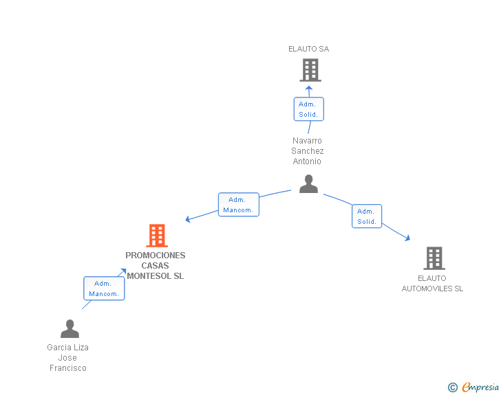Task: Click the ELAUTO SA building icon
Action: (310, 70)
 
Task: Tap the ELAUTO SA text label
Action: (308, 49)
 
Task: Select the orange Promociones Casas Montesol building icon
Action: (157, 236)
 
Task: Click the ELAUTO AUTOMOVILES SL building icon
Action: (434, 258)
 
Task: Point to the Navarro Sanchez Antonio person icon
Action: (308, 184)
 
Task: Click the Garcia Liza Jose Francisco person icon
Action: (70, 328)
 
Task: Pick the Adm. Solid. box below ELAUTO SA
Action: (308, 109)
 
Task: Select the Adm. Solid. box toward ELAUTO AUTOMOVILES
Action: (367, 216)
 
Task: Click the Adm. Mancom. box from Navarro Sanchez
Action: (239, 205)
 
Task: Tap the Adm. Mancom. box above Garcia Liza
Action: (104, 289)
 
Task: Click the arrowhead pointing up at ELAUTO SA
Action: (308, 88)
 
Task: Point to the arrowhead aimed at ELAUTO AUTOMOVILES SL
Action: (407, 238)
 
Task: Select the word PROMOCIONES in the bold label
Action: (156, 256)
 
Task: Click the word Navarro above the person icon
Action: (307, 141)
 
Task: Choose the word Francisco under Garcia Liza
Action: (68, 368)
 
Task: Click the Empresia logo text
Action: (480, 387)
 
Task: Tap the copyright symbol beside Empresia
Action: (453, 387)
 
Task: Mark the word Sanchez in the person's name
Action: (308, 151)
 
